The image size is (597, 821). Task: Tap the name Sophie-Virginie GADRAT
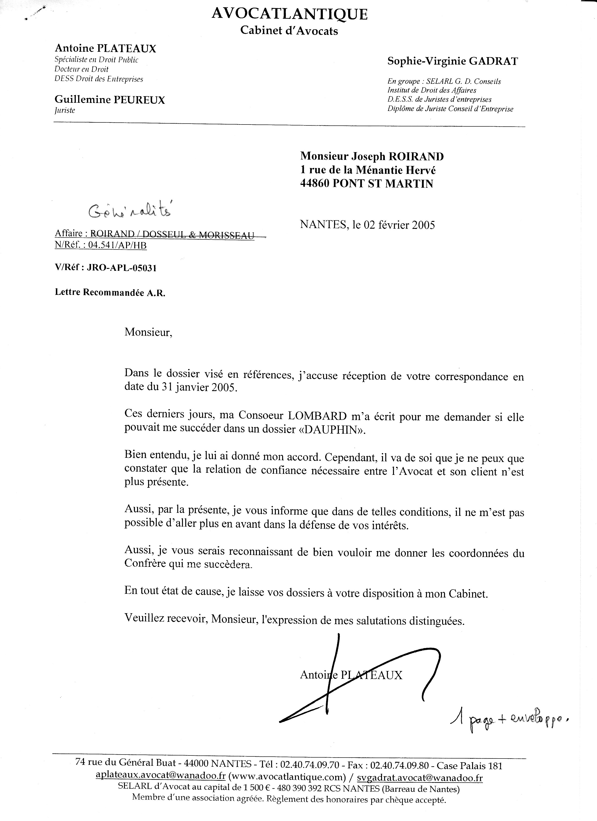[452, 61]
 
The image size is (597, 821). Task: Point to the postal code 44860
[314, 184]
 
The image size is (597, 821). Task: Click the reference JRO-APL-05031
[122, 268]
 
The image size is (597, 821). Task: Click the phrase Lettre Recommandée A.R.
[110, 293]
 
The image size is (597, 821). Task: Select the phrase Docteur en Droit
[81, 69]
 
